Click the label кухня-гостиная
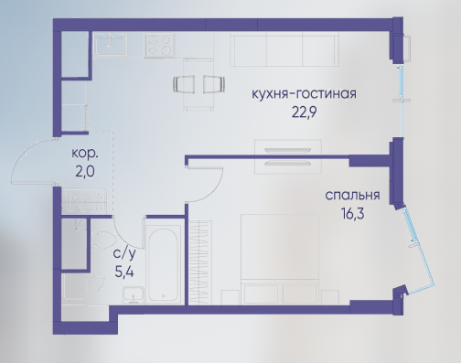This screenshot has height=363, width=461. click(304, 94)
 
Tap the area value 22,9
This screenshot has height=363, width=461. click(305, 112)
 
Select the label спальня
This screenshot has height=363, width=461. click(352, 196)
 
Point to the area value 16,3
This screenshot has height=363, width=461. click(353, 213)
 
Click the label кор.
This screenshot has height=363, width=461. click(85, 154)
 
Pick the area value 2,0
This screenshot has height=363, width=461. click(85, 172)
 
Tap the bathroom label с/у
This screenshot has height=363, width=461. click(124, 253)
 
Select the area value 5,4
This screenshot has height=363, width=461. click(124, 272)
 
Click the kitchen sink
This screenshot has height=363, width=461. click(111, 45)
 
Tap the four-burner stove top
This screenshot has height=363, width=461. click(160, 45)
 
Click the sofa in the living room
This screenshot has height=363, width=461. click(284, 50)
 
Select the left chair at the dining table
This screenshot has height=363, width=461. click(184, 84)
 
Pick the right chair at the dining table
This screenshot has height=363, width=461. click(214, 84)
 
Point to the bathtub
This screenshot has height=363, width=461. click(163, 264)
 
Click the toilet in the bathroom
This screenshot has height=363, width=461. click(102, 240)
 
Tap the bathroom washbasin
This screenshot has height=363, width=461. click(134, 294)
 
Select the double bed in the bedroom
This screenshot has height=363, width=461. click(280, 259)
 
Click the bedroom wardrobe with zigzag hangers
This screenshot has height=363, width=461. click(200, 262)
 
